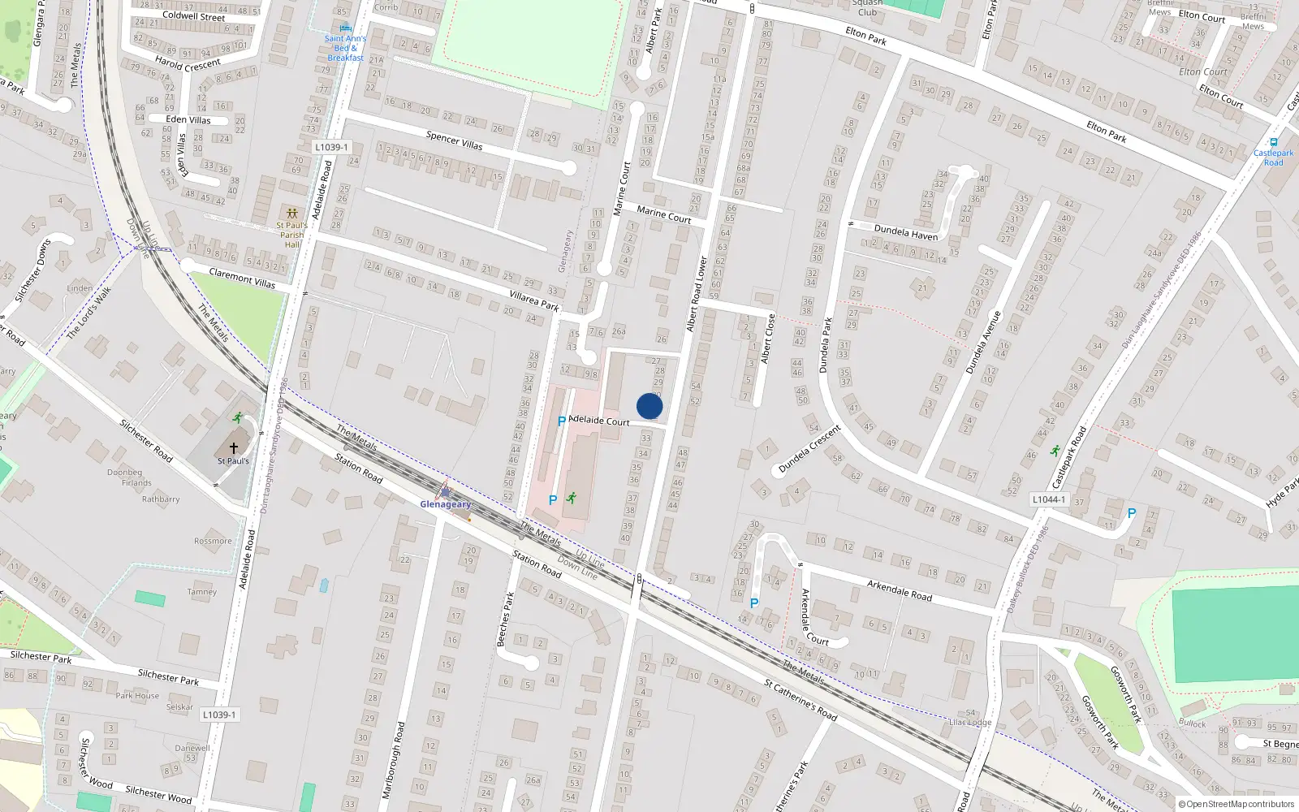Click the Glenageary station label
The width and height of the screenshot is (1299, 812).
point(445,504)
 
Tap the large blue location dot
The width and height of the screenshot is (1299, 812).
point(649,406)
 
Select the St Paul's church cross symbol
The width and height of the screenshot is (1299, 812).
point(234,448)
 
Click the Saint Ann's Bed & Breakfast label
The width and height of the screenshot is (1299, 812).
point(345,48)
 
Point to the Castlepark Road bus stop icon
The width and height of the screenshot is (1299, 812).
point(1273,142)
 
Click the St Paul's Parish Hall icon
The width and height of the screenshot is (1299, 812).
point(291,214)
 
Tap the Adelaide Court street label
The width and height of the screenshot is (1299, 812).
point(599,421)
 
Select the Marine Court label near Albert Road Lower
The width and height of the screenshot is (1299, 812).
point(663,214)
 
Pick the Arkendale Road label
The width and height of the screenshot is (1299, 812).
point(899,590)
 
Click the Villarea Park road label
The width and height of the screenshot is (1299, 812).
point(534,300)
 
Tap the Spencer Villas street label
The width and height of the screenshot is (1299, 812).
point(454,140)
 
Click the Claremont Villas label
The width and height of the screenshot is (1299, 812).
point(242,279)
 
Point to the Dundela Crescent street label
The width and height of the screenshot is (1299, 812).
point(809,449)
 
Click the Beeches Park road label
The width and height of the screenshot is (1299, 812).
point(505,619)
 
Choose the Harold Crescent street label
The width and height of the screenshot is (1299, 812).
point(188,63)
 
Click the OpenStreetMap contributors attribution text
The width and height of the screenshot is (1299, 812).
point(1236,805)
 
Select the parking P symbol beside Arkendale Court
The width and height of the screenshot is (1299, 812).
point(754,603)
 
